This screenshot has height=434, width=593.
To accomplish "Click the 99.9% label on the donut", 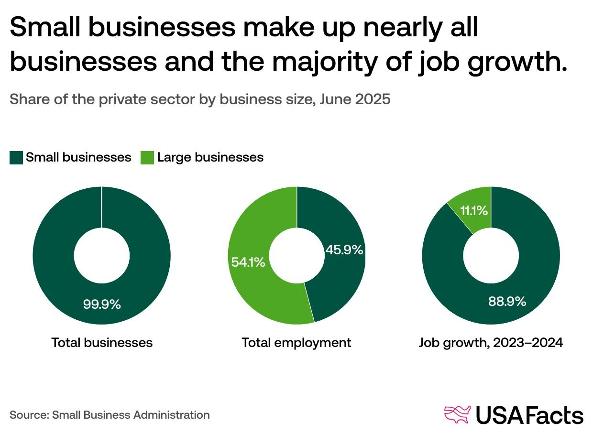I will pyautogui.click(x=102, y=304).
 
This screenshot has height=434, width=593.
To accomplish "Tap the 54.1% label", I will pyautogui.click(x=248, y=262).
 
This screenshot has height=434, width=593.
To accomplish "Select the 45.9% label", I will pyautogui.click(x=344, y=250).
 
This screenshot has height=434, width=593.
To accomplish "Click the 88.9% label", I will pyautogui.click(x=507, y=302).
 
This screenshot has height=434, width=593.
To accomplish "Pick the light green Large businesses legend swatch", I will pyautogui.click(x=147, y=158).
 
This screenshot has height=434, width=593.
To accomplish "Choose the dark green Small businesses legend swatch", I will pyautogui.click(x=16, y=158).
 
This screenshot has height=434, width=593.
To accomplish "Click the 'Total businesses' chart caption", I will pyautogui.click(x=102, y=343).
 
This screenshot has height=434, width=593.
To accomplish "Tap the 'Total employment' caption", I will pyautogui.click(x=296, y=343).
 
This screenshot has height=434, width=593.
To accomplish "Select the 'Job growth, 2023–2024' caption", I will pyautogui.click(x=491, y=343).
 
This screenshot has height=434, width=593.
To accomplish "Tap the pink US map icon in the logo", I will pyautogui.click(x=457, y=414).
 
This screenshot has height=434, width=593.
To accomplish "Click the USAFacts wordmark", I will pyautogui.click(x=529, y=415).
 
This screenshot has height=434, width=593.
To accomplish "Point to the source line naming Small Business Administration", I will pyautogui.click(x=110, y=415).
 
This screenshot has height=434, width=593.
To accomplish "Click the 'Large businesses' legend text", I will pyautogui.click(x=210, y=157).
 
